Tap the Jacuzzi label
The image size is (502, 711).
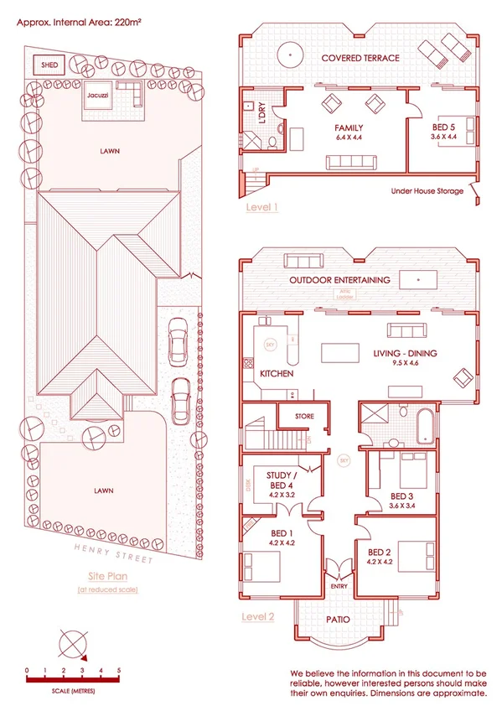tap(95, 96)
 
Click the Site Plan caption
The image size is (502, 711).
tap(108, 577)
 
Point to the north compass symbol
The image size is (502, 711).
tap(72, 646)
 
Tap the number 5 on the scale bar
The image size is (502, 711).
tap(119, 671)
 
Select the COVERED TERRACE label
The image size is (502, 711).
tap(360, 58)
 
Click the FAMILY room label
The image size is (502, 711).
tap(348, 128)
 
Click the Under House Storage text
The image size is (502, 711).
tap(426, 191)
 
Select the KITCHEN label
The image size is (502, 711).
tap(277, 373)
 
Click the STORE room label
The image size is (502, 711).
tap(303, 415)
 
